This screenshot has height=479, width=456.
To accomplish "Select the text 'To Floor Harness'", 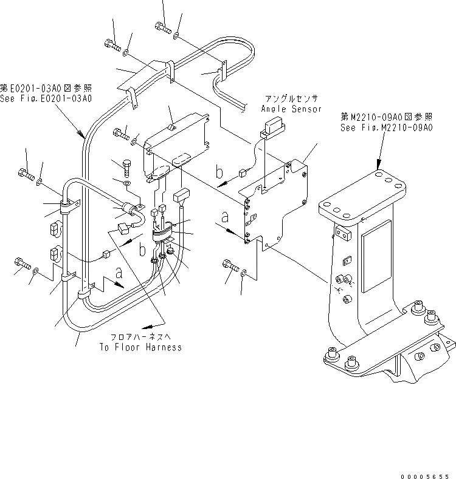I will [140, 347].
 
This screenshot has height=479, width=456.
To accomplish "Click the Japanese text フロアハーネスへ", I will [140, 337].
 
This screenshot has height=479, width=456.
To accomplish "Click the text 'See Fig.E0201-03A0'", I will [46, 98].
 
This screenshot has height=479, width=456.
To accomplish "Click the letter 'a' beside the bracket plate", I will [226, 217].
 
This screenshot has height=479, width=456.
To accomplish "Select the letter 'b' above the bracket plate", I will [219, 172].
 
